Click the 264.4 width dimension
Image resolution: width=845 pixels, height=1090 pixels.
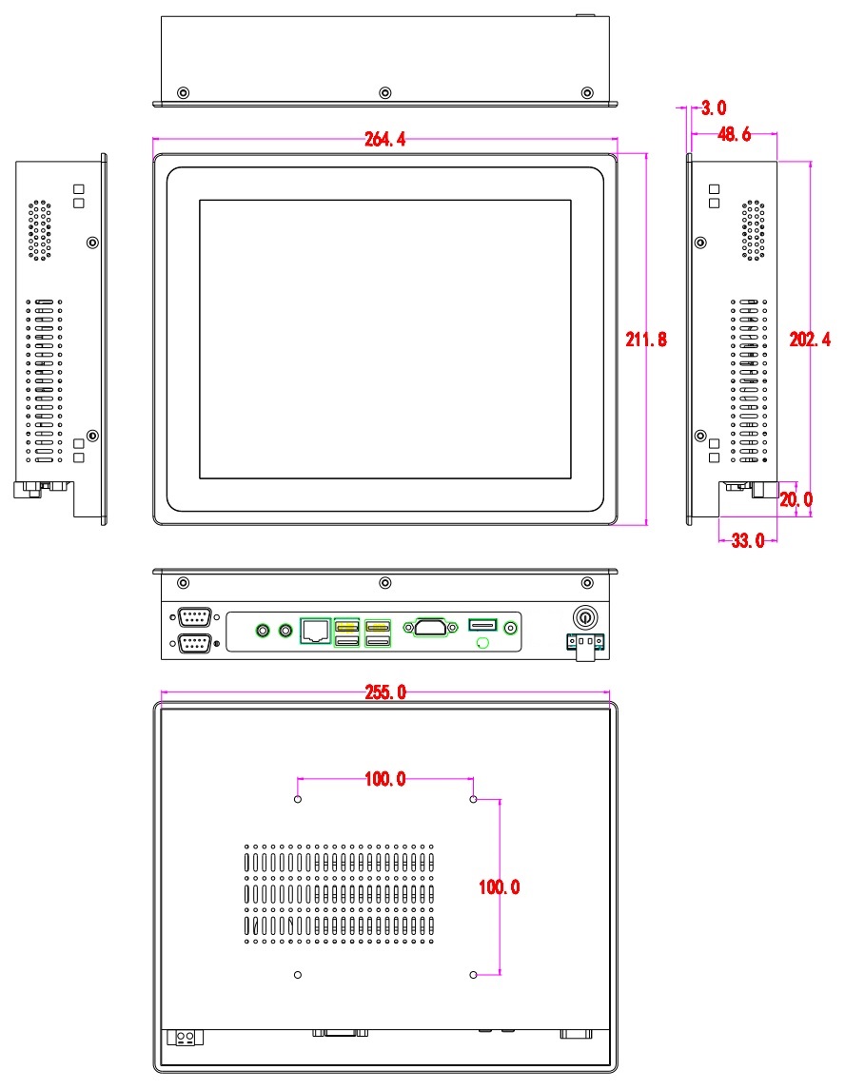click(384, 140)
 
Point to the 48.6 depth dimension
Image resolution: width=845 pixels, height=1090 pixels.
click(733, 135)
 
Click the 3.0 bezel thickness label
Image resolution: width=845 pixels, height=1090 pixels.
click(715, 107)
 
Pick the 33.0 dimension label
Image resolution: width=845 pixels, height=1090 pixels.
click(747, 541)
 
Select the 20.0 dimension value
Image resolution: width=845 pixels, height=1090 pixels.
click(796, 498)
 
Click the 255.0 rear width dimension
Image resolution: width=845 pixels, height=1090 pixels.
click(385, 692)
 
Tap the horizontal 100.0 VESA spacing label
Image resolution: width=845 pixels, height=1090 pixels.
click(385, 780)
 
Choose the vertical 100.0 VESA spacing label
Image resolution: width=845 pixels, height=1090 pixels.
click(500, 886)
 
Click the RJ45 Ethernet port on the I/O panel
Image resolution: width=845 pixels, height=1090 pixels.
click(315, 629)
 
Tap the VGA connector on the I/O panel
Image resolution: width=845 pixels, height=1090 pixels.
click(433, 626)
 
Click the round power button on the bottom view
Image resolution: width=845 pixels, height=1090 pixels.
click(582, 617)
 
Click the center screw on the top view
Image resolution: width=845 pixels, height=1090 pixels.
click(384, 92)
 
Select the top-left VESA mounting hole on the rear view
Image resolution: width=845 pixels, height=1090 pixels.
click(299, 800)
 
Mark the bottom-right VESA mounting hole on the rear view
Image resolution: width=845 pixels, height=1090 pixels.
click(473, 975)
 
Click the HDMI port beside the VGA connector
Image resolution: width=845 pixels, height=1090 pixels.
click(482, 625)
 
